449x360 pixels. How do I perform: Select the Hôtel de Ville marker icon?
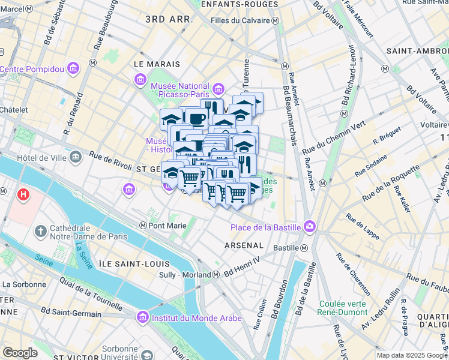pos(76,157)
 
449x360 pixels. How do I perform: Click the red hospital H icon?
pos(23,194)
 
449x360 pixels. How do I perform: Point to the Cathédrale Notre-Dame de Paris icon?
pos(41,231)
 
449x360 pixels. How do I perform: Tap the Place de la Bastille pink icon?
pos(310,226)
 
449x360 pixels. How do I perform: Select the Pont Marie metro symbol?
pos(143,226)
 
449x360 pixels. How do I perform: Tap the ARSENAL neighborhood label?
pos(244,245)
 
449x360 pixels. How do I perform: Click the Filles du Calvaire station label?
pos(240,20)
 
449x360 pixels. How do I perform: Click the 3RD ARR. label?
pos(169,19)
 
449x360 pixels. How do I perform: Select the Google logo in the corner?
pos(20,353)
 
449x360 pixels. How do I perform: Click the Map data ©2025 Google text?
pos(411,355)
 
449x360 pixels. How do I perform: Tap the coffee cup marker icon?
pos(196,119)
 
